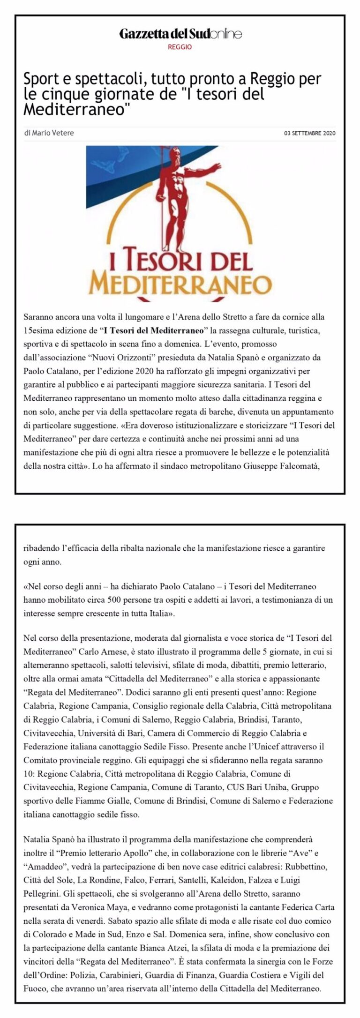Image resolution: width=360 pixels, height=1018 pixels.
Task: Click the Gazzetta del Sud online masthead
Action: point(180,34)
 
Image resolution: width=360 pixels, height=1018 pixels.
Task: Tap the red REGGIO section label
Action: point(180,47)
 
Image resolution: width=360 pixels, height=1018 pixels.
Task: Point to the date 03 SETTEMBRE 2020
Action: point(310,133)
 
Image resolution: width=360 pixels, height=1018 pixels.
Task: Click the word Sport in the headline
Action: point(40,79)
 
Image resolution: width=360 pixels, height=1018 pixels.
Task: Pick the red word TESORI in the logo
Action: point(160,261)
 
